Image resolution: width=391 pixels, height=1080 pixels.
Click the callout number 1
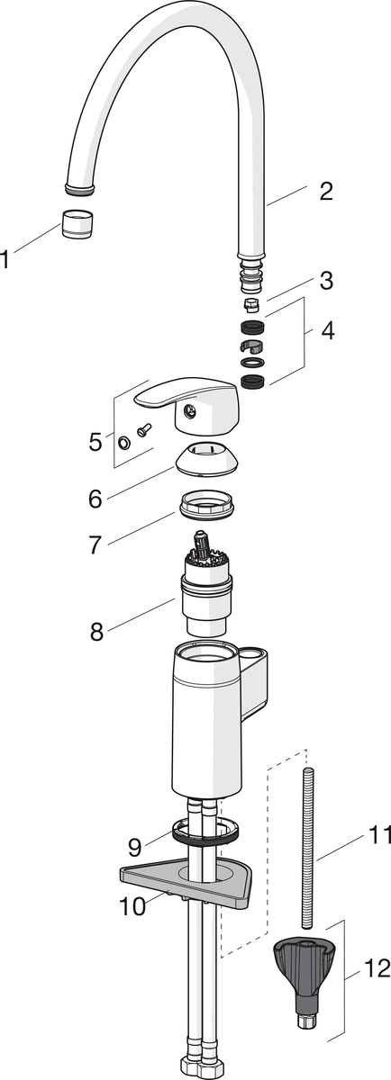pos(5,259)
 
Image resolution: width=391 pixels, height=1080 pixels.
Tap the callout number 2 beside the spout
pos(326,192)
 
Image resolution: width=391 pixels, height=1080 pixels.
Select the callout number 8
pos(96,631)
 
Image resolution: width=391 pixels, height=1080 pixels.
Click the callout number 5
pos(95,442)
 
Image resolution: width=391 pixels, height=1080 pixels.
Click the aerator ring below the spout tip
pos(78,224)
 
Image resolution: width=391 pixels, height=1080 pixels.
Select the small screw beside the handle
pos(144,428)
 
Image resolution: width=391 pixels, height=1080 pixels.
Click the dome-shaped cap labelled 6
pos(206,457)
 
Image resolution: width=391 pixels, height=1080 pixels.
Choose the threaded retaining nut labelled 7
pos(206,504)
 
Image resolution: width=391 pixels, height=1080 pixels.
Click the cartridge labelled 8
pos(206,583)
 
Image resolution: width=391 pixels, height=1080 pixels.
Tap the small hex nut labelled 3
pos(252,304)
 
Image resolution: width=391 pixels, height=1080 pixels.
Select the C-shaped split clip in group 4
pos(252,346)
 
